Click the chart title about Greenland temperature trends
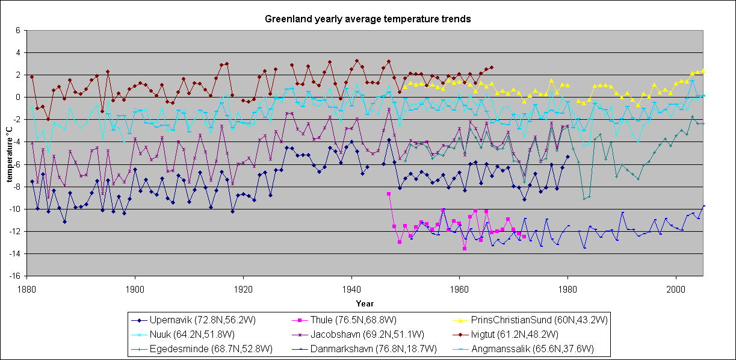tap(368, 19)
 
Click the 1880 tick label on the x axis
tap(26, 289)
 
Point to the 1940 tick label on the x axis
tap(351, 289)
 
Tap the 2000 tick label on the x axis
tap(676, 289)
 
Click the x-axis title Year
tap(365, 303)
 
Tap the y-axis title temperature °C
tap(9, 153)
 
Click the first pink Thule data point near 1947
tap(389, 194)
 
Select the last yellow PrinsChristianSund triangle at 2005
tap(703, 70)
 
